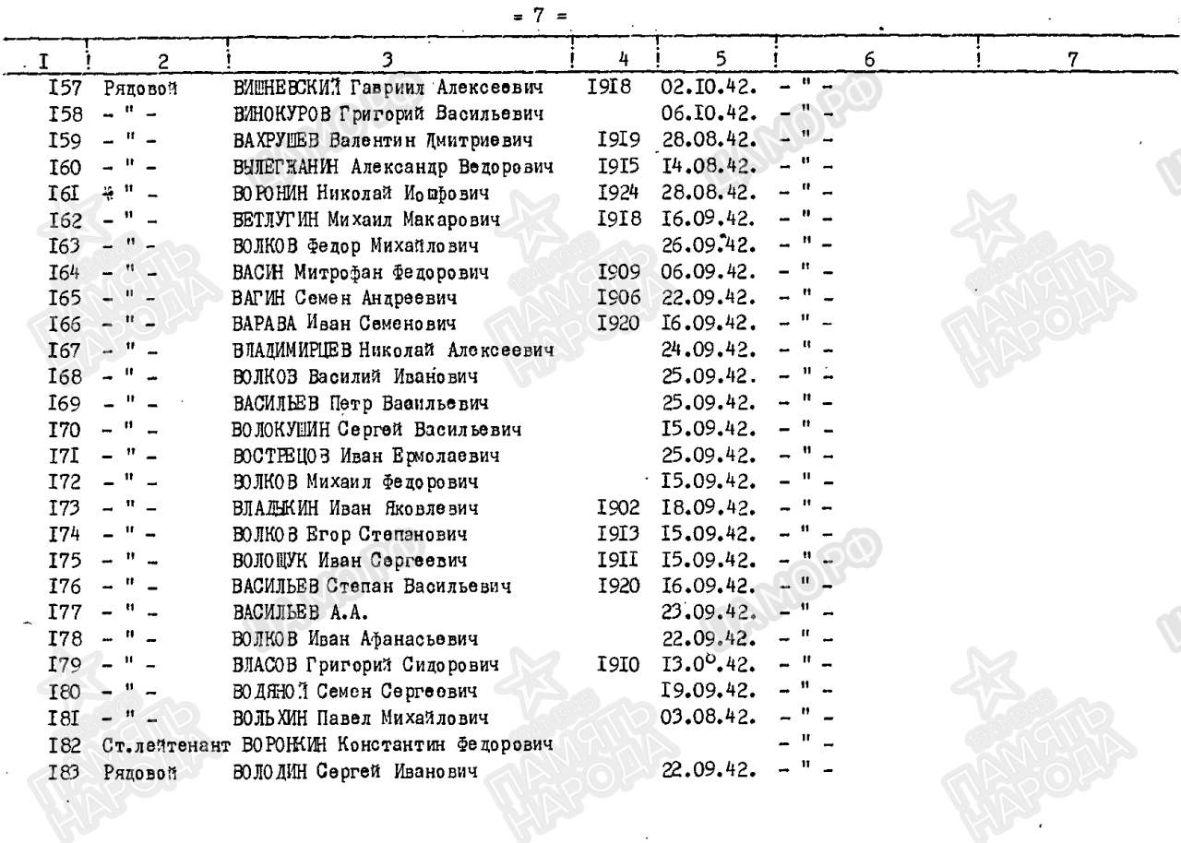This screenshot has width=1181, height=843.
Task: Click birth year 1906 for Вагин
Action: pos(615,299)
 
